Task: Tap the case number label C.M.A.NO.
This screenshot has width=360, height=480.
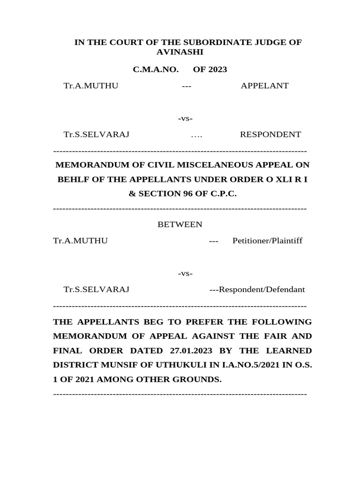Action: coord(156,69)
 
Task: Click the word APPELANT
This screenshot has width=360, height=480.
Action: coord(264,85)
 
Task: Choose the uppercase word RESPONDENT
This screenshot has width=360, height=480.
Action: coord(270,135)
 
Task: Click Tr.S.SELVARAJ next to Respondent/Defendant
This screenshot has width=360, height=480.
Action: coord(97,289)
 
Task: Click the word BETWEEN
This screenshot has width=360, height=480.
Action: coord(180,225)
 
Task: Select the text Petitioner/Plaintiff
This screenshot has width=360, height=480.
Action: coord(267,240)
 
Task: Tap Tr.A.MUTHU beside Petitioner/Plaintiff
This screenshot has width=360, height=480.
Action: coord(81,240)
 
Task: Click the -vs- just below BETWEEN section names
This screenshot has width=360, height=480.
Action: coord(186,273)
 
